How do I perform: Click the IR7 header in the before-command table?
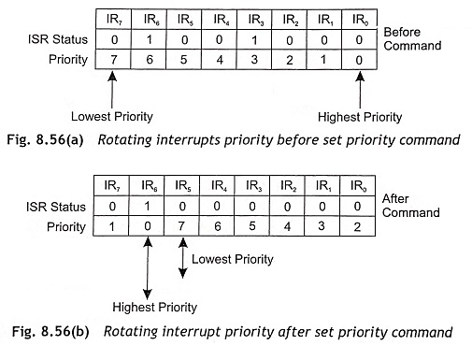114,20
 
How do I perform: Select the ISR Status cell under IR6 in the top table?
150,39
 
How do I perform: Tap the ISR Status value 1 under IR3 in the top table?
254,40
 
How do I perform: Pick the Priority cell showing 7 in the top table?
114,59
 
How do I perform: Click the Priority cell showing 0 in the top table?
359,60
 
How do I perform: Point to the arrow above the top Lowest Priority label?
112,90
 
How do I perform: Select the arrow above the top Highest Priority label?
360,90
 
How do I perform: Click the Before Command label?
412,38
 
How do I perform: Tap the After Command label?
410,206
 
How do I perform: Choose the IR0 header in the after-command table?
358,186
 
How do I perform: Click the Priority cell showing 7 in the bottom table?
181,225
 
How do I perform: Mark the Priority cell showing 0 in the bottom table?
147,225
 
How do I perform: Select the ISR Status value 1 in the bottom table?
147,206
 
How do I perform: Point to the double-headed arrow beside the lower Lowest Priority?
183,258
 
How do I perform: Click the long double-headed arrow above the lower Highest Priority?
148,268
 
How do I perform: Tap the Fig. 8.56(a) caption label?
45,139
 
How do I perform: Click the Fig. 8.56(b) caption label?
50,331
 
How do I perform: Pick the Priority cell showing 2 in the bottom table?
357,226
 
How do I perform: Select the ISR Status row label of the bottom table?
56,207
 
